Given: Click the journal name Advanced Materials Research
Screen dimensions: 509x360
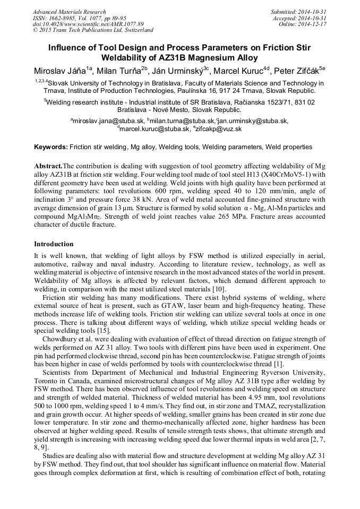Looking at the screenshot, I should pos(69,12).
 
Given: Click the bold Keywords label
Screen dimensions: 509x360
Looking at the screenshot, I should pos(51,146).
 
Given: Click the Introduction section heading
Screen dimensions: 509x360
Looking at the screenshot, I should pos(54,244).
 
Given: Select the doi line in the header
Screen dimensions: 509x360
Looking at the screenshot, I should pos(88,24).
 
